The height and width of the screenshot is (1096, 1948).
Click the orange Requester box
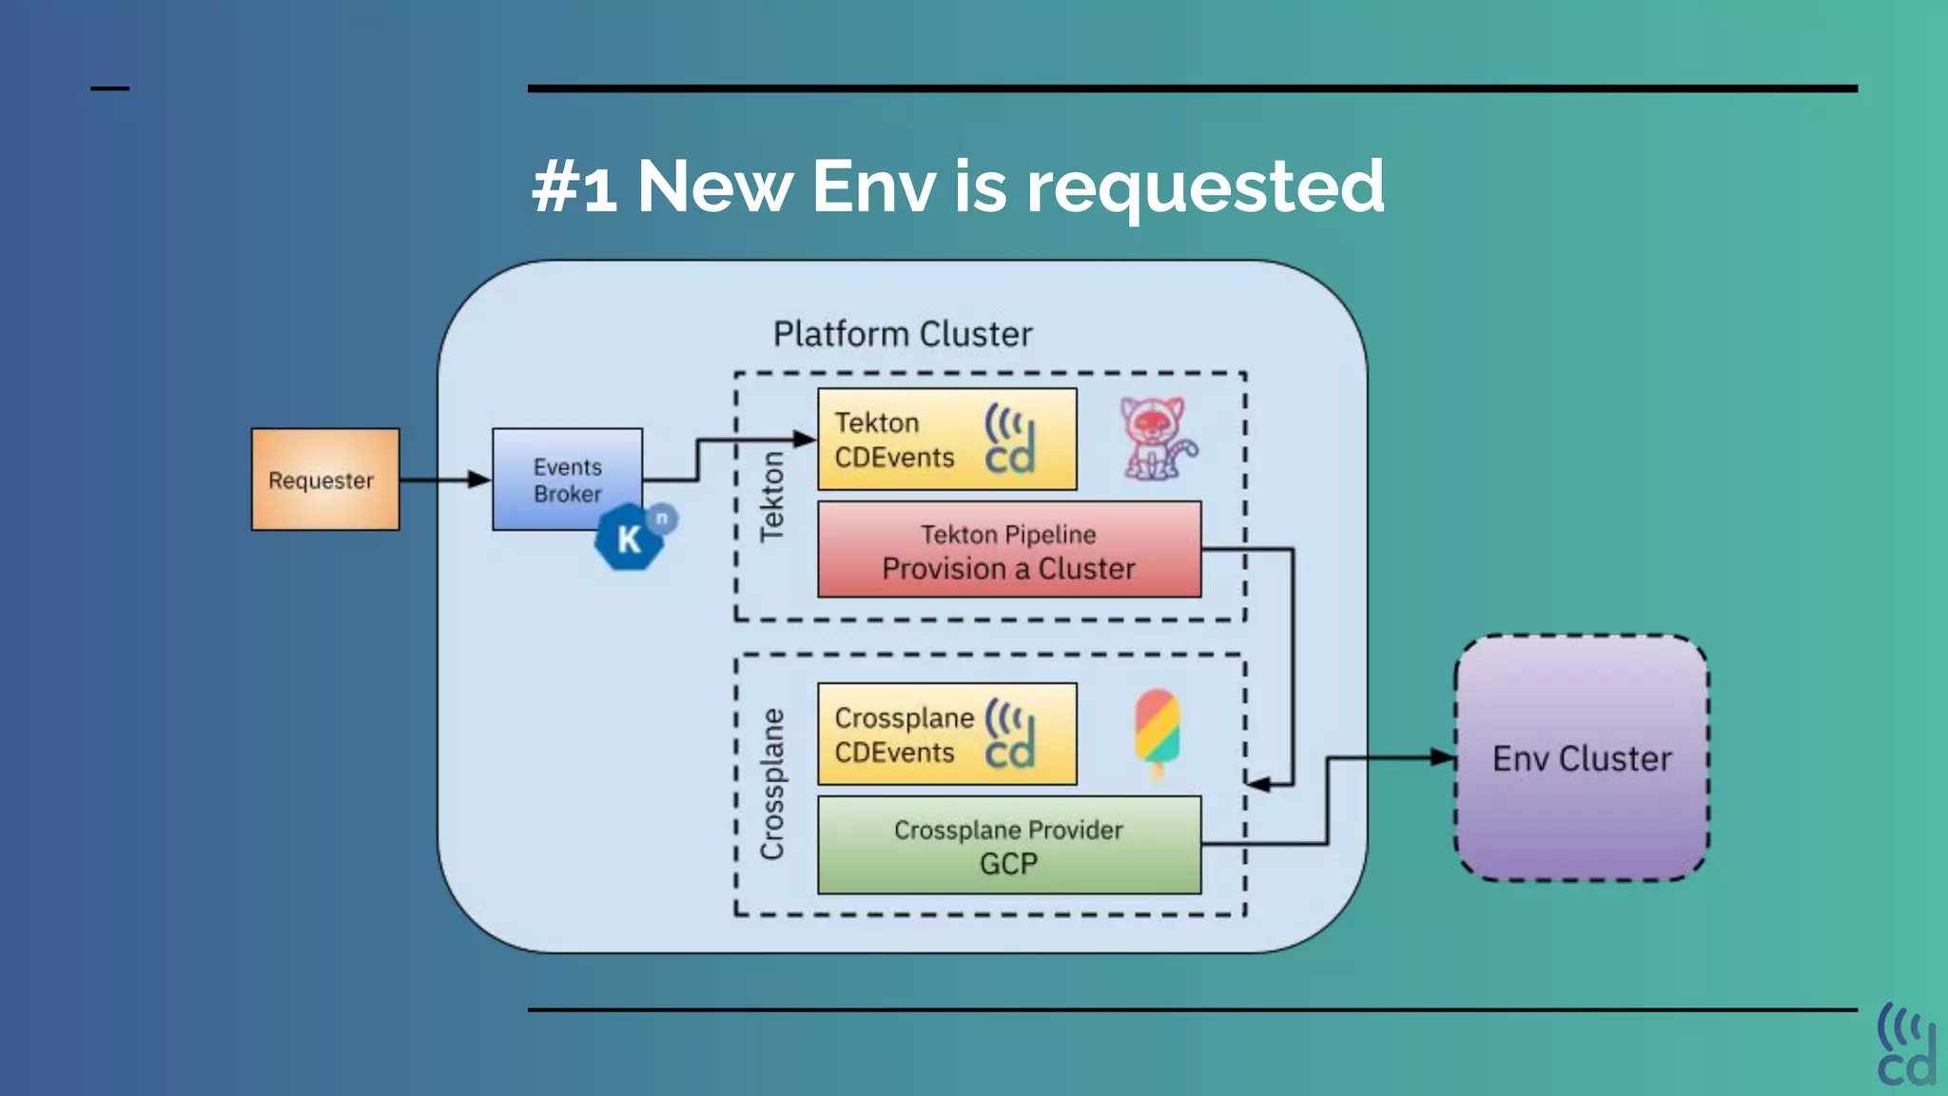coord(325,479)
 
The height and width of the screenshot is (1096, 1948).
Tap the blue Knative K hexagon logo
coord(629,538)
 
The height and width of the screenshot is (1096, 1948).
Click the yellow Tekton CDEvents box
coord(946,440)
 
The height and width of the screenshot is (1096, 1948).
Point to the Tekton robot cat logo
coord(1156,439)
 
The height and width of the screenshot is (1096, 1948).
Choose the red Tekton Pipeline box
coord(1008,550)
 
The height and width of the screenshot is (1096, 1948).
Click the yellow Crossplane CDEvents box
coord(946,734)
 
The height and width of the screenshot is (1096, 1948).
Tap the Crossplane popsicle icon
coord(1158,734)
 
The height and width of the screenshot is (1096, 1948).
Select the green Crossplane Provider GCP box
coord(1008,846)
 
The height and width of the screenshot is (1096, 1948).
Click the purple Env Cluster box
coord(1582,758)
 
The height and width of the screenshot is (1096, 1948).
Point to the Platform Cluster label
coord(902,334)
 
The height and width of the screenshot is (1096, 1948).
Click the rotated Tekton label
coord(771,497)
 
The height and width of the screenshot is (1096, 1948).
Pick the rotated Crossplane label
coord(772,784)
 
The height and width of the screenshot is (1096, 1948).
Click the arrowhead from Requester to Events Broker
coord(479,479)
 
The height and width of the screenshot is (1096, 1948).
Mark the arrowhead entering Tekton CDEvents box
coord(805,440)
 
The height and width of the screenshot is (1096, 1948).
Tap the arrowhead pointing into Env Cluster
coord(1444,758)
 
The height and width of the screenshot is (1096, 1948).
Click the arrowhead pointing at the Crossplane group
coord(1257,785)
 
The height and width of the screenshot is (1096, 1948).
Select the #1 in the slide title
coord(575,186)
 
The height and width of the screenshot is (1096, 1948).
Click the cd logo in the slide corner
coord(1906,1045)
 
